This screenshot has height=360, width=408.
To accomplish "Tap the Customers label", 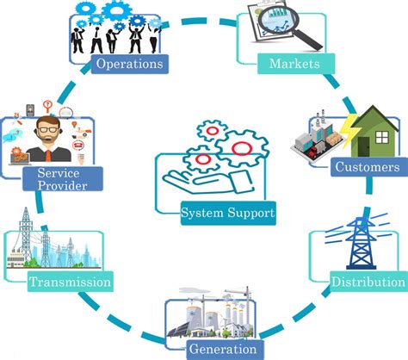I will pyautogui.click(x=366, y=166).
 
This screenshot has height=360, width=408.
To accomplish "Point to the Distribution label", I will pyautogui.click(x=368, y=281).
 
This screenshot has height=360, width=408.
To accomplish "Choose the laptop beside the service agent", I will pyautogui.click(x=18, y=156).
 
